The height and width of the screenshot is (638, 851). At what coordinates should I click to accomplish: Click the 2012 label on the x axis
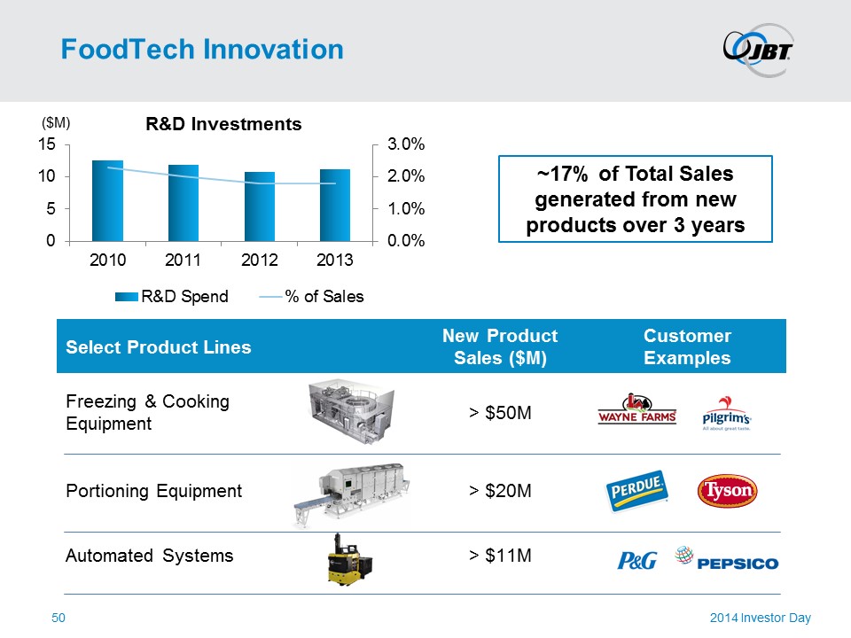pos(260,261)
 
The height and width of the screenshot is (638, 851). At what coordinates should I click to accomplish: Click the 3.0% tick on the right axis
pos(407,144)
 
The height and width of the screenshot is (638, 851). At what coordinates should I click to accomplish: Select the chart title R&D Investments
pos(223,124)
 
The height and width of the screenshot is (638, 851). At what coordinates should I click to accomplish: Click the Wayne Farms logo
pos(637,410)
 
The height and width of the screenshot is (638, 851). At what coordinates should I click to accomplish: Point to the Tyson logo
pos(728,490)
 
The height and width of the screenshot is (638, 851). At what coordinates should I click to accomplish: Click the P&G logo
pos(636,561)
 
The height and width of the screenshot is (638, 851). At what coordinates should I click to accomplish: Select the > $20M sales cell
pos(501,491)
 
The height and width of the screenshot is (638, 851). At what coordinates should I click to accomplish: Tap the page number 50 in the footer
pos(59,618)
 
